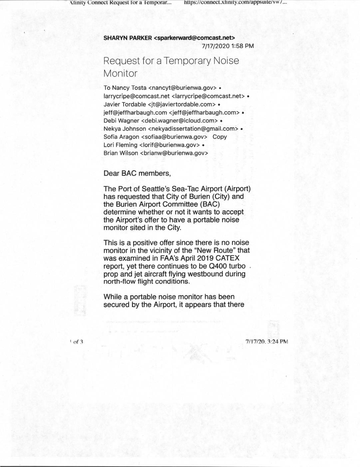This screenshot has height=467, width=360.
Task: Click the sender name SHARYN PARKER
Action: point(128,38)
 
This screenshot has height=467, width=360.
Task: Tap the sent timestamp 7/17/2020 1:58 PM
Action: point(228,46)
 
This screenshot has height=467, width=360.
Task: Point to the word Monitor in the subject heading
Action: point(120,73)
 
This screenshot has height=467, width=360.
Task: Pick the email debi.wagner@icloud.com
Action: point(180,121)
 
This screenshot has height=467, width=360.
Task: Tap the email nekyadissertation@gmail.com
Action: point(193,129)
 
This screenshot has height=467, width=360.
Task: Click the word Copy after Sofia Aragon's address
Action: point(219,137)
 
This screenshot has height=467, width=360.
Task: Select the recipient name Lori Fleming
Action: point(120,145)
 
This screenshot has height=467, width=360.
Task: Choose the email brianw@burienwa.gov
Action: point(174,153)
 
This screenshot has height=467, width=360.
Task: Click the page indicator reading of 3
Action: point(78,342)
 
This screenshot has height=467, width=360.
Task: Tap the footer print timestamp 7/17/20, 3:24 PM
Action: point(266,342)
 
